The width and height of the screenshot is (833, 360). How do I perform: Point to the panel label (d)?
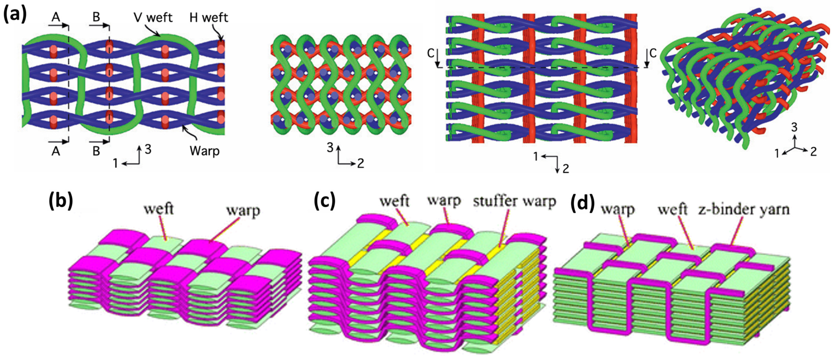click(x=582, y=204)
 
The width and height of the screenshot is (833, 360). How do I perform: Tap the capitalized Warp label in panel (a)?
click(x=205, y=151)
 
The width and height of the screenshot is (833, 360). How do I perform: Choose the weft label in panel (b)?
click(x=159, y=209)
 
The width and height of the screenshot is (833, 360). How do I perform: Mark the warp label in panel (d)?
click(x=618, y=209)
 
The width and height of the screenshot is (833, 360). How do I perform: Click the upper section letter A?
click(x=56, y=17)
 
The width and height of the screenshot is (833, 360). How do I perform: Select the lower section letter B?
click(x=96, y=151)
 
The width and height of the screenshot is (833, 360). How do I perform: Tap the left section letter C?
click(x=431, y=53)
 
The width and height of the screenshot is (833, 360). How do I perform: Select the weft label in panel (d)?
click(x=672, y=210)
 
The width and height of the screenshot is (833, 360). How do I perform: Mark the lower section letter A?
click(x=56, y=151)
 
